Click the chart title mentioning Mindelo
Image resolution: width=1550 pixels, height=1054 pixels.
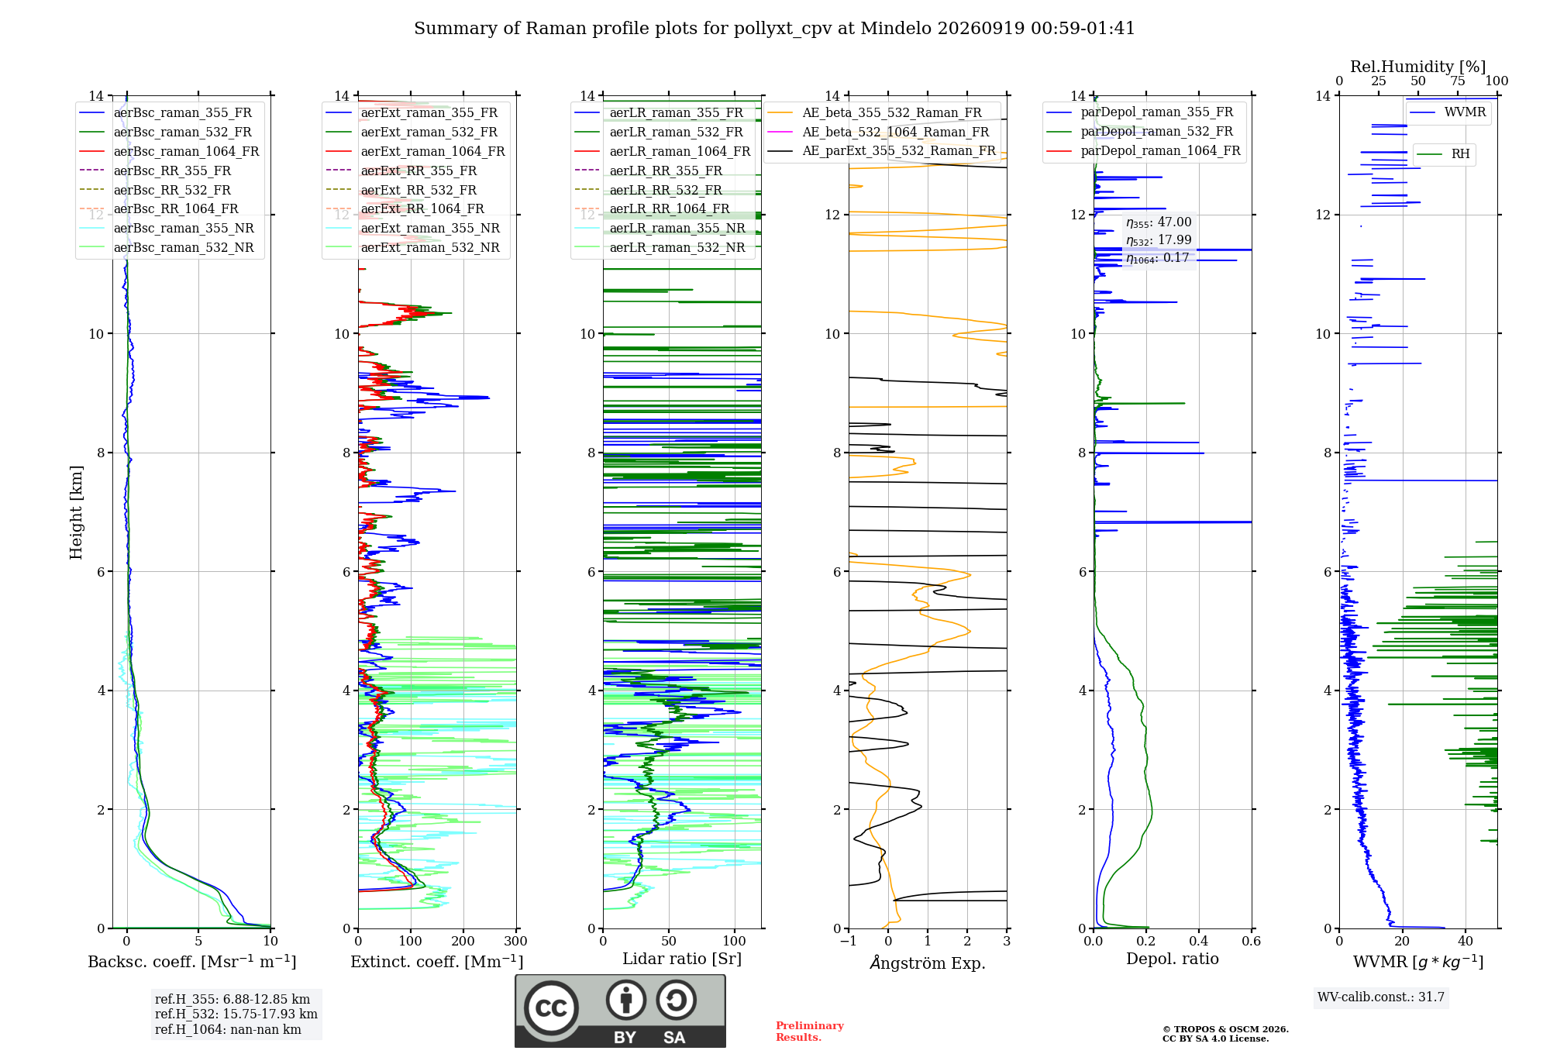774,29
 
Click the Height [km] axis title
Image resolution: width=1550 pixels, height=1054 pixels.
76,512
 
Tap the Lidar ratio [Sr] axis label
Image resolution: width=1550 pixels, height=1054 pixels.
682,959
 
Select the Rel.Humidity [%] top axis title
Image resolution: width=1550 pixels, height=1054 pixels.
1418,67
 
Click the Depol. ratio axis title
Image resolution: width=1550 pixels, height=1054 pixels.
1173,959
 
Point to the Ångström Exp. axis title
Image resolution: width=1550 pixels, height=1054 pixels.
928,963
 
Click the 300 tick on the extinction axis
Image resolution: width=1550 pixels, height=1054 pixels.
516,941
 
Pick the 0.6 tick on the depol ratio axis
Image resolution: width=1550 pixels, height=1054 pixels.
1252,941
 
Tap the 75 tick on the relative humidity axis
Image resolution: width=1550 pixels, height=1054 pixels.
1458,81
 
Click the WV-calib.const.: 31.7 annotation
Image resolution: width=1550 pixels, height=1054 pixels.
1381,997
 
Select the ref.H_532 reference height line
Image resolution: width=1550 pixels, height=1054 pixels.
236,1014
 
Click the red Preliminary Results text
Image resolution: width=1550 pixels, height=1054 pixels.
810,1032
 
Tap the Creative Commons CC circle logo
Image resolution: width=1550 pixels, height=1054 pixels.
551,1008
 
